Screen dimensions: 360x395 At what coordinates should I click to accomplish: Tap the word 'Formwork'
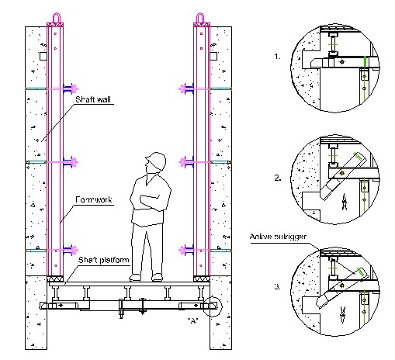click(x=95, y=200)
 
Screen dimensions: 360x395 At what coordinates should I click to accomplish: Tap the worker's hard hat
click(x=155, y=161)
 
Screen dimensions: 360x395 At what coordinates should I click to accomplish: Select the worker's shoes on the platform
click(x=147, y=276)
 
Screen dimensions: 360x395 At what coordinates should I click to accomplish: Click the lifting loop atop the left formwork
click(x=56, y=17)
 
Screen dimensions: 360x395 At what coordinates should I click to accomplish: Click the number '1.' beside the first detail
click(x=277, y=57)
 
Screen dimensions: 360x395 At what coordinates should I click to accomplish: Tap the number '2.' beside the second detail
click(x=277, y=178)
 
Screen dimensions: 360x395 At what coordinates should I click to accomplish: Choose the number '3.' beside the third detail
click(x=277, y=289)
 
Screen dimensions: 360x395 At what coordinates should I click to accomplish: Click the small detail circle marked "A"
click(x=213, y=305)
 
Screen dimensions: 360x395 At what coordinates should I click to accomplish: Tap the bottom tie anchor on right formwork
click(x=184, y=250)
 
